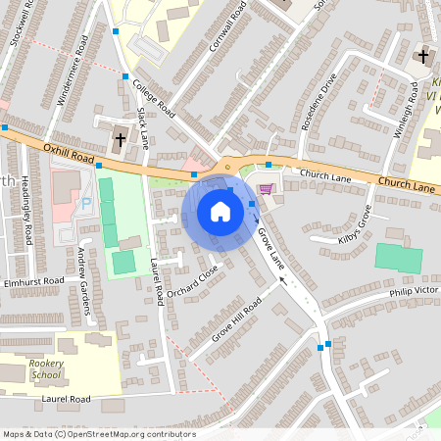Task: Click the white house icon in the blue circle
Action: click(220, 212)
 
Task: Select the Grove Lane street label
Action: click(269, 246)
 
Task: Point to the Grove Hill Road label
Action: click(237, 319)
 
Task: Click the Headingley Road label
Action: click(28, 220)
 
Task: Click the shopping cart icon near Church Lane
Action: click(265, 189)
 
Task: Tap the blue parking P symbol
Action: click(84, 203)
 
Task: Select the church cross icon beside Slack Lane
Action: click(120, 138)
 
